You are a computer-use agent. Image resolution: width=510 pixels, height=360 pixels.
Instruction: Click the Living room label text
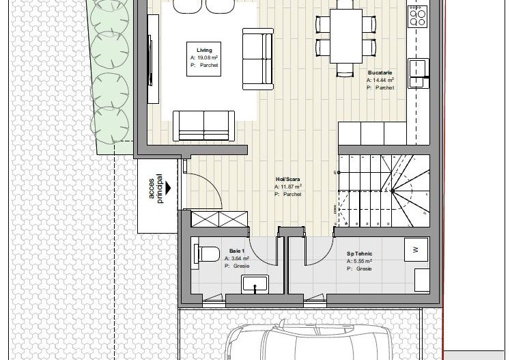pos(204,51)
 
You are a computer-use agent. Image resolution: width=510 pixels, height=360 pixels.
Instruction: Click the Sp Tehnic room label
pos(359,253)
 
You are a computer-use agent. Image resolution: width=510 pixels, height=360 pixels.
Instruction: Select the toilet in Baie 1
pos(203,253)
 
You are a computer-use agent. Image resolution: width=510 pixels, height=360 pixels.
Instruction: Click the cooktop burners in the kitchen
pos(418,16)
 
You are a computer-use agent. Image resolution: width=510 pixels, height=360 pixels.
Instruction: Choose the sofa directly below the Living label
pos(203,124)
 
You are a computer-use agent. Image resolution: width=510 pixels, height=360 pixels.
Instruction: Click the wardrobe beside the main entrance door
pos(214,219)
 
